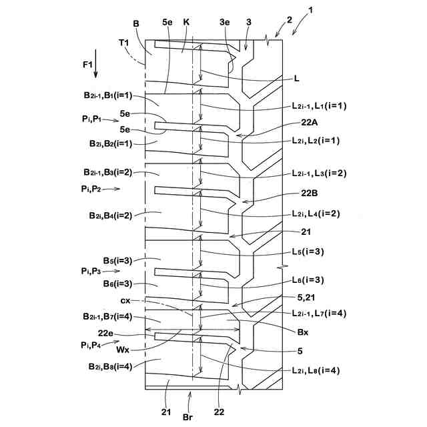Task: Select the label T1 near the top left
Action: tap(124, 42)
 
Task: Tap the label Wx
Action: tap(123, 348)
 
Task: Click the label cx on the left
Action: tap(115, 300)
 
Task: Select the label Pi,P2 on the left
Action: tap(92, 189)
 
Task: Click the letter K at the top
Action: tap(186, 22)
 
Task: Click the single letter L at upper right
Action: tap(297, 77)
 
